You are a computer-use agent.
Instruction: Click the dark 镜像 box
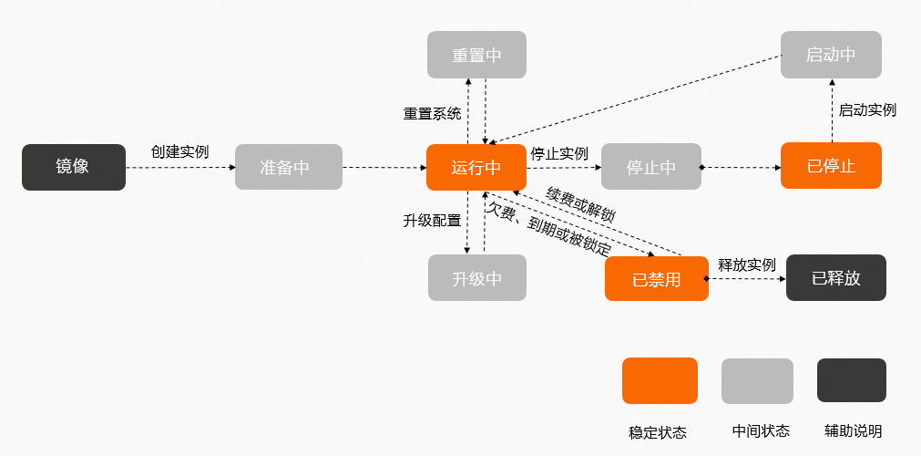74,166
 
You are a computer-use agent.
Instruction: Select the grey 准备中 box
288,167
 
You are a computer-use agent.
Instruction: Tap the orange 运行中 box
476,167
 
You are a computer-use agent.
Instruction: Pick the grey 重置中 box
476,55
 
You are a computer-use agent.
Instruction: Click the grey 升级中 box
476,278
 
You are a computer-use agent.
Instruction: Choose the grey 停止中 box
650,167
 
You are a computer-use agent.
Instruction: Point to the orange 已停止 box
831,166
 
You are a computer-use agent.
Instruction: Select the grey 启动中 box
831,55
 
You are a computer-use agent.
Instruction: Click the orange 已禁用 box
656,279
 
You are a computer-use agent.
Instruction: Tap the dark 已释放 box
835,278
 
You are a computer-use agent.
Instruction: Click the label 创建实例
179,151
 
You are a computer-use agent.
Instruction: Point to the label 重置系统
432,115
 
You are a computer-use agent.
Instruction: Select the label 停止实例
559,152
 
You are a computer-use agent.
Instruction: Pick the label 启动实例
867,110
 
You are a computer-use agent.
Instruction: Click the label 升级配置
432,220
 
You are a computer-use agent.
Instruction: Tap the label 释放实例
747,265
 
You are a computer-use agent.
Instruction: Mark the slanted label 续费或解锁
580,205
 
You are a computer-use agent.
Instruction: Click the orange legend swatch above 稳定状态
660,380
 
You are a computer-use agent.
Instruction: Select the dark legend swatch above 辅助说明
851,380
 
